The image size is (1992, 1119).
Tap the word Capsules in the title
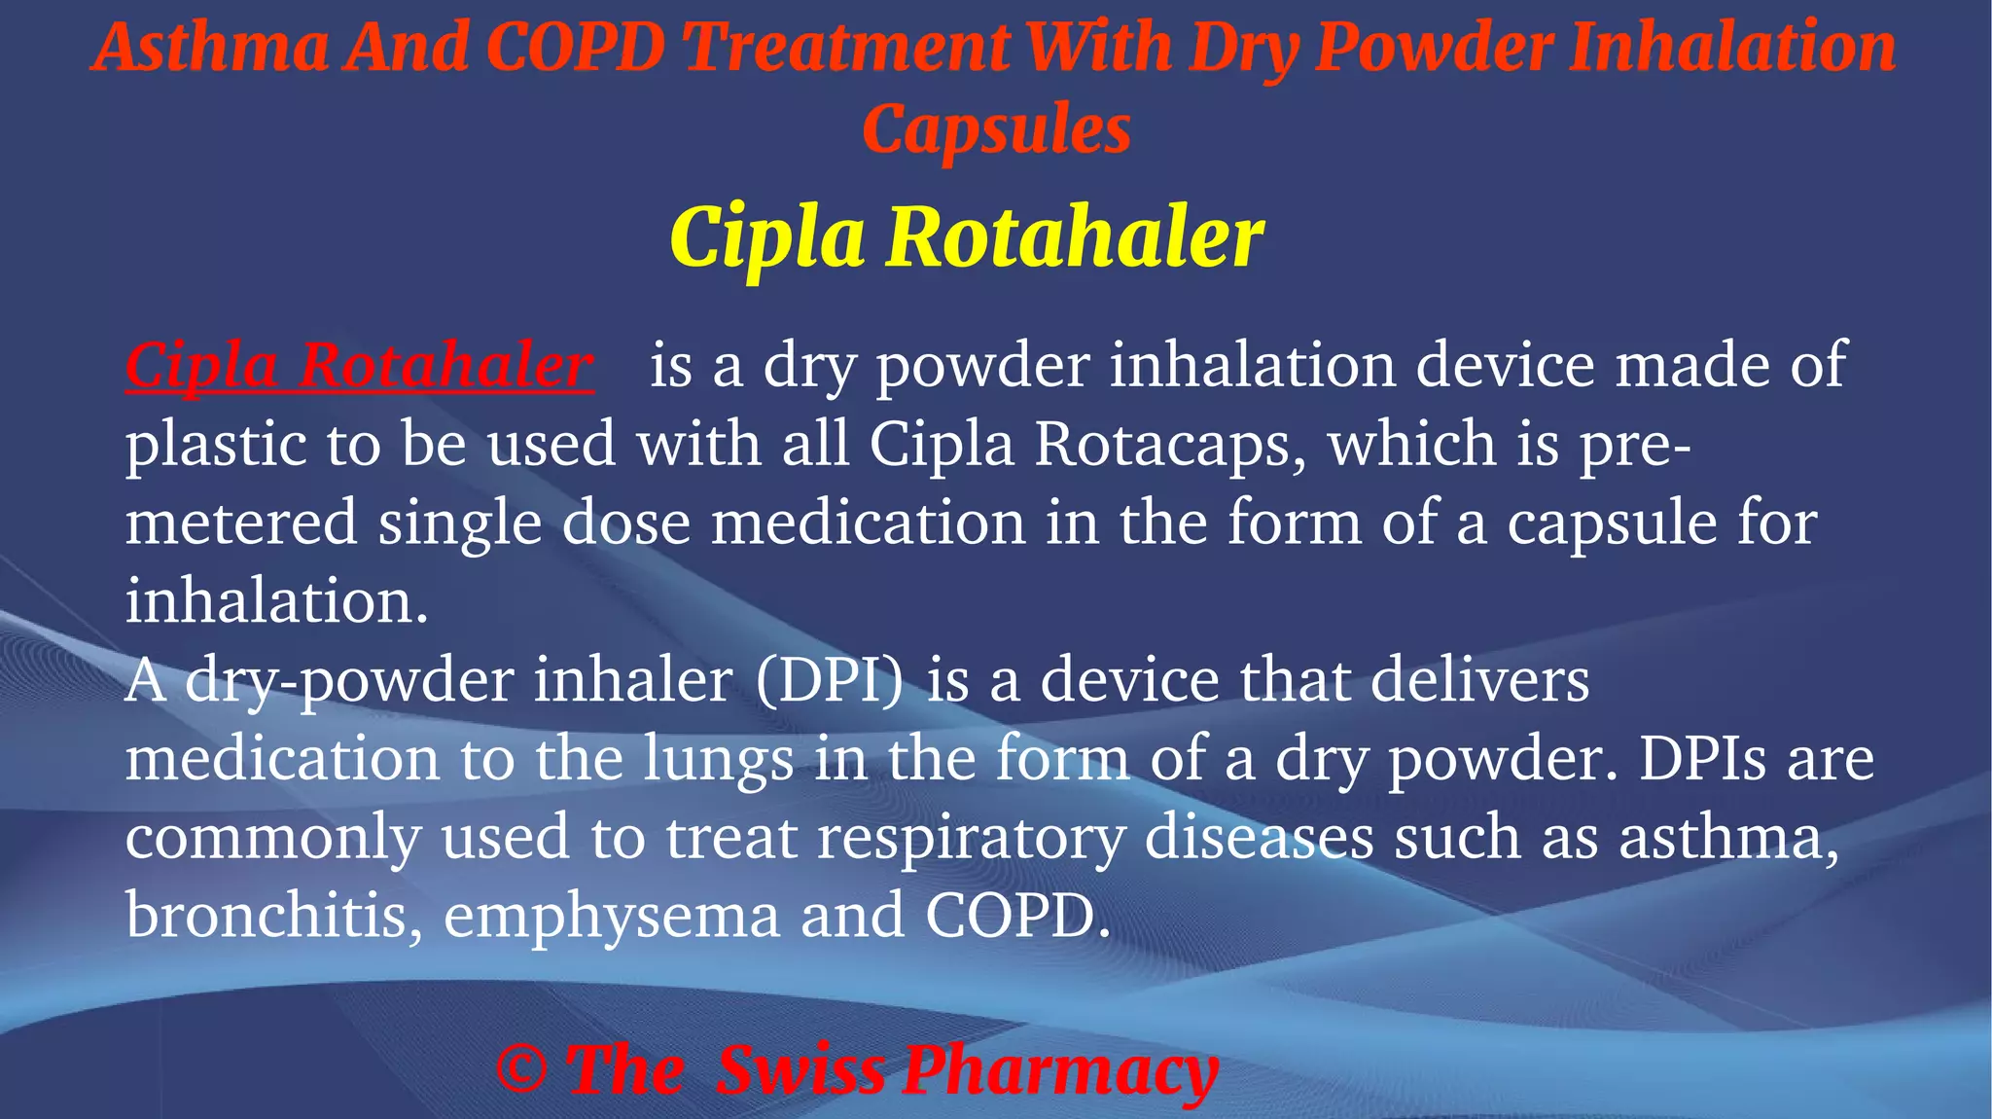996,129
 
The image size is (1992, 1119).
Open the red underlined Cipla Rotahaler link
359,367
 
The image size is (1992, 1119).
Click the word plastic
215,445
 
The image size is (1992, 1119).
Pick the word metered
241,523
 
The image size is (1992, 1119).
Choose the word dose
626,523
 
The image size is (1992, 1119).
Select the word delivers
1479,680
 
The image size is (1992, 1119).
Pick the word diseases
1259,838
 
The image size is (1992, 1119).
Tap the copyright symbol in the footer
521,1069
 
